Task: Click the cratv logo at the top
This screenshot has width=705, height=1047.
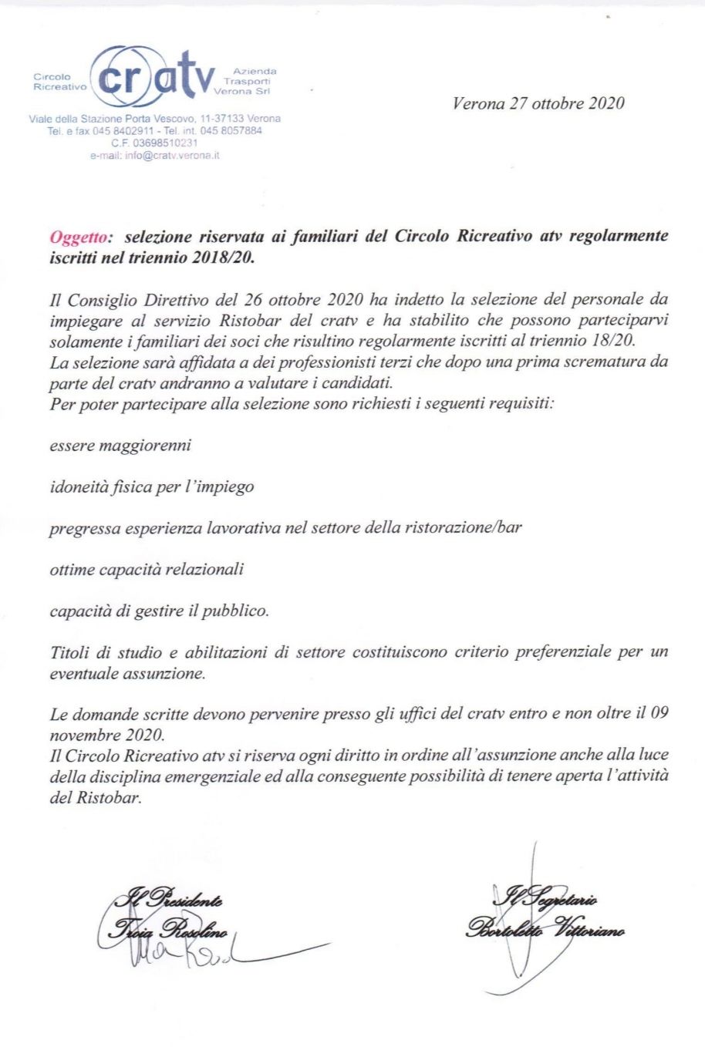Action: pos(154,77)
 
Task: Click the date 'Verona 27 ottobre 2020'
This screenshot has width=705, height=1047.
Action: pos(538,103)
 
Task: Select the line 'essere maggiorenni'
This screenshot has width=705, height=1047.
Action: pos(120,446)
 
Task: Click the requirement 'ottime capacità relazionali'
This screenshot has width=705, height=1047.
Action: pos(147,570)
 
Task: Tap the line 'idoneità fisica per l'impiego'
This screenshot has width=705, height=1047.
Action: pos(151,487)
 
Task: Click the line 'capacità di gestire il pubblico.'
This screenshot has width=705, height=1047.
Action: pos(159,611)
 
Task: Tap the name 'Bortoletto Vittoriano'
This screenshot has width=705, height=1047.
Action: pos(545,929)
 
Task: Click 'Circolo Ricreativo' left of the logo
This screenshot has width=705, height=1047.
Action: pos(59,82)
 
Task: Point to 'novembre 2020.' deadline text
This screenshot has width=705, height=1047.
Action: pos(106,735)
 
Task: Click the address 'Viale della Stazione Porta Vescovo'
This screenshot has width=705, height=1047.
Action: pos(113,119)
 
